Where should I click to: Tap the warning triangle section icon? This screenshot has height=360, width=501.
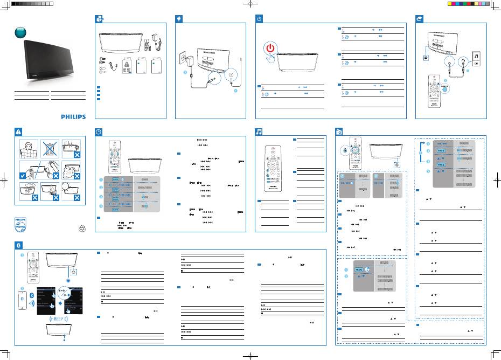click(19, 131)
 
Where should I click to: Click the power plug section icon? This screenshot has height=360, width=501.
click(178, 18)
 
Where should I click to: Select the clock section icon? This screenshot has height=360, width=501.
click(98, 131)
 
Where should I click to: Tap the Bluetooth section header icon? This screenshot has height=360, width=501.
click(19, 245)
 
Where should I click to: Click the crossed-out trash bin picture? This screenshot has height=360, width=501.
click(49, 151)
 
